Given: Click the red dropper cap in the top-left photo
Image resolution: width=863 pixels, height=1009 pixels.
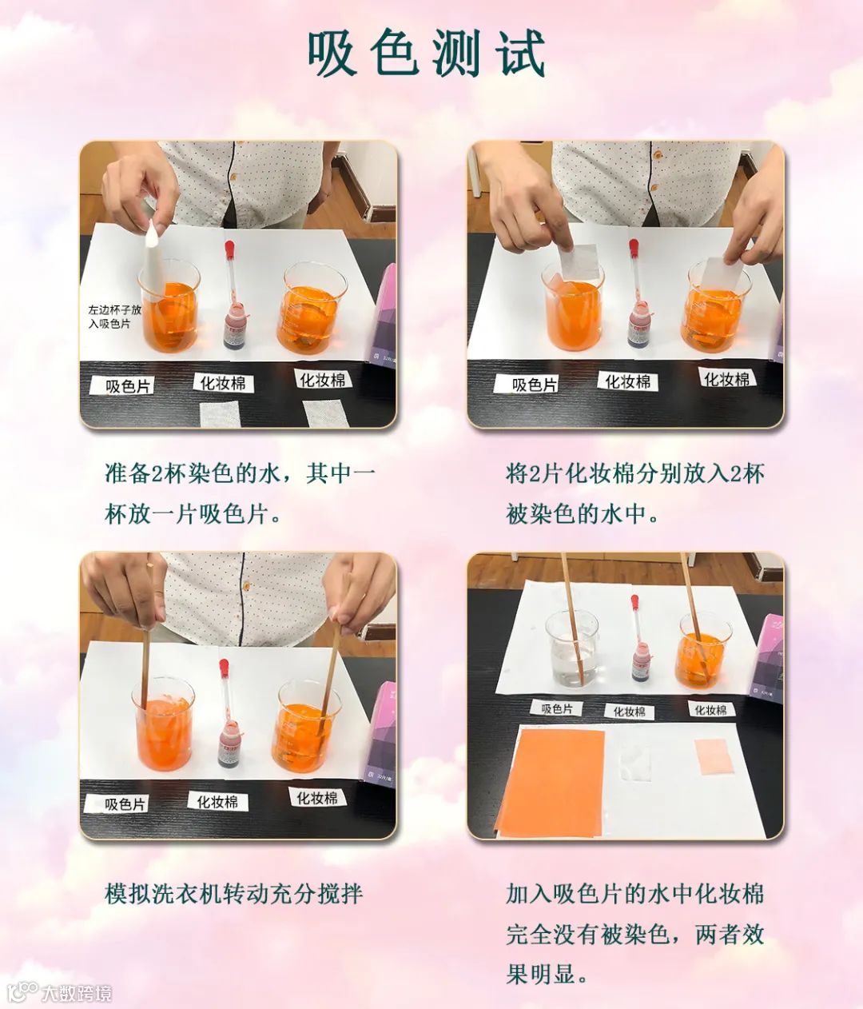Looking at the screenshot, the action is pyautogui.click(x=229, y=250).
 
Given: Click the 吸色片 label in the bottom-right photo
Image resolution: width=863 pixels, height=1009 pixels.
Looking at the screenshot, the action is pyautogui.click(x=555, y=708).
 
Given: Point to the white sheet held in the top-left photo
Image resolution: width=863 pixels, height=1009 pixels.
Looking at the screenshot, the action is pyautogui.click(x=155, y=257).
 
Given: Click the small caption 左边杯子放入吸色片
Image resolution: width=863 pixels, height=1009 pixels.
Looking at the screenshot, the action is pyautogui.click(x=114, y=317).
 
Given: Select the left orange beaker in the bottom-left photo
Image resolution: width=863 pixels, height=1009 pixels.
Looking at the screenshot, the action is pyautogui.click(x=164, y=724).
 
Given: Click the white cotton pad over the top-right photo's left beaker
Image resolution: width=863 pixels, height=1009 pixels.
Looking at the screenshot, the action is pyautogui.click(x=578, y=262).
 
